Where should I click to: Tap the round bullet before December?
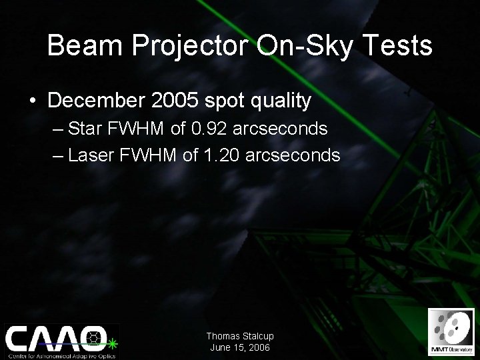[33, 101]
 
